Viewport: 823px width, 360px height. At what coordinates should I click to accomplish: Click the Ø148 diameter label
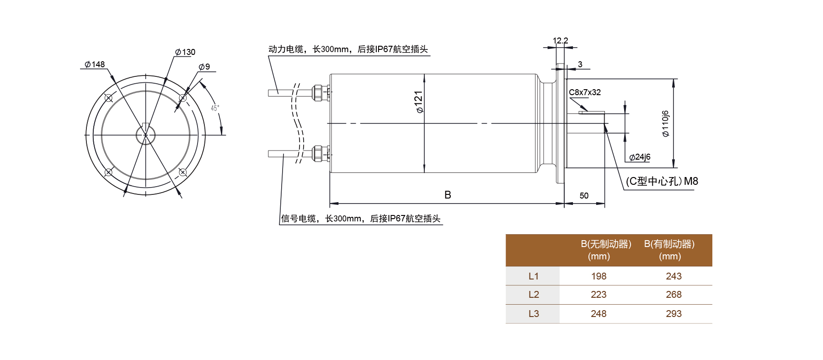95,64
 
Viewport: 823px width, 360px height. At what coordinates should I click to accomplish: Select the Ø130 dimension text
185,52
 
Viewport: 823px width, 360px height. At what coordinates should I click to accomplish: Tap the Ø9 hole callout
204,67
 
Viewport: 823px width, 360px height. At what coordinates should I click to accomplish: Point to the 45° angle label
215,108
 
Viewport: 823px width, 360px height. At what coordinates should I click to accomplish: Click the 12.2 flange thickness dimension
560,41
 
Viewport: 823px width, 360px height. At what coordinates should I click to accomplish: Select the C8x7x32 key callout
585,92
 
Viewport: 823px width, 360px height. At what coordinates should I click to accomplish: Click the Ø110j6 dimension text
666,124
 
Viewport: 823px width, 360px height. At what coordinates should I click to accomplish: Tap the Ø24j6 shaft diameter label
640,157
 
